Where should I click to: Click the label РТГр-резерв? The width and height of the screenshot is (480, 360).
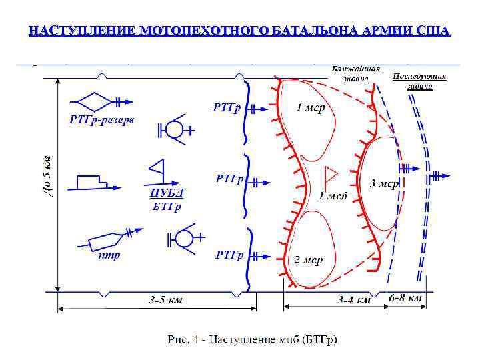point(101,121)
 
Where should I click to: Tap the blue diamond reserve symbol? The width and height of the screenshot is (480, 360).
point(93,101)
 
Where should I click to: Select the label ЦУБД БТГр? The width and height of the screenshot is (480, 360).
point(167,199)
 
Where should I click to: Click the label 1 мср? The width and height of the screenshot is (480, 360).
point(310,108)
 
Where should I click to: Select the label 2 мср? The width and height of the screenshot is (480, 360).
point(308,259)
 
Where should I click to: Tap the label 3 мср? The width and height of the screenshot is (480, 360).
point(384,183)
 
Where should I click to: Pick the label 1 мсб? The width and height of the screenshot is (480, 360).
point(333,195)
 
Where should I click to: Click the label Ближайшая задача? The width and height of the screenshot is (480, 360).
point(356,73)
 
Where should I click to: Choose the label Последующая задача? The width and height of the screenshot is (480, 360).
point(419,81)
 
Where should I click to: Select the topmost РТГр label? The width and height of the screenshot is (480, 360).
point(227,107)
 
